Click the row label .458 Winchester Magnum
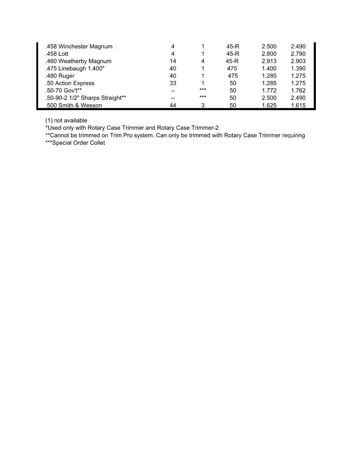pos(79,47)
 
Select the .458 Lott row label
pos(57,54)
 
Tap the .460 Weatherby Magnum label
pos(78,61)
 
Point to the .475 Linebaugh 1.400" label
pos(75,68)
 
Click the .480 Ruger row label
pos(60,76)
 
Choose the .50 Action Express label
pos(70,83)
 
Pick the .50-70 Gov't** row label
pos(64,90)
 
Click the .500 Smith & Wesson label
pos(74,105)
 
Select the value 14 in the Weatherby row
pos(173,61)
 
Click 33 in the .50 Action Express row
pos(173,83)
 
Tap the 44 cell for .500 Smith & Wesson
pos(173,105)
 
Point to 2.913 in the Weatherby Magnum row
pos(269,61)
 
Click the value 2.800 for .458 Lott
pos(269,54)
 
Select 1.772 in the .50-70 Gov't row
pos(269,90)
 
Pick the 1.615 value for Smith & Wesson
pos(298,105)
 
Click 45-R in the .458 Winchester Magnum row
pos(233,47)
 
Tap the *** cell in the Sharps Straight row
pos(203,97)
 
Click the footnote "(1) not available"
pos(66,120)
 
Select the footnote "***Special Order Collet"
pos(75,143)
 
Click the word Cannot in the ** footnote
pos(60,136)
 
